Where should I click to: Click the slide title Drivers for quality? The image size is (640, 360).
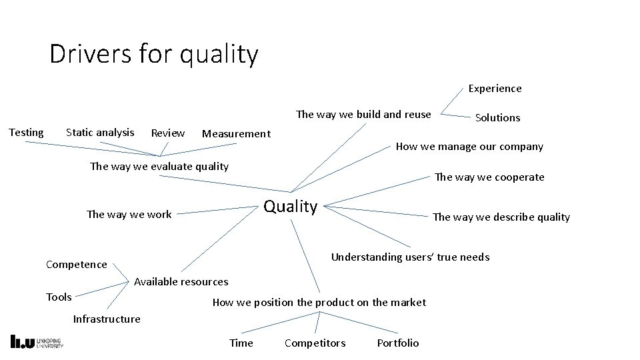153,54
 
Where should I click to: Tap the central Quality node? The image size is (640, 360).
291,206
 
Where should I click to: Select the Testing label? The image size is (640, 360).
26,132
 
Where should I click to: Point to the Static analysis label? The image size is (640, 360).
100,132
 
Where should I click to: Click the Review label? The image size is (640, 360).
168,133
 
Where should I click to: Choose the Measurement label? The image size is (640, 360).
236,133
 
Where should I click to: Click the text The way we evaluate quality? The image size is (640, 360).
159,166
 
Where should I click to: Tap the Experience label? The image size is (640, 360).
495,88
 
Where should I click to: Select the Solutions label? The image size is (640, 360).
497,117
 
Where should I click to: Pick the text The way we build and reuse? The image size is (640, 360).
363,114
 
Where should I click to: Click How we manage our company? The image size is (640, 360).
469,146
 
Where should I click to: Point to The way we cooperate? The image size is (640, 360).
489,177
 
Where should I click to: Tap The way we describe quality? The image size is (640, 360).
501,217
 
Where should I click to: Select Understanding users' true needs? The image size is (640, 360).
410,257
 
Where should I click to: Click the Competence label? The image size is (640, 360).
76,264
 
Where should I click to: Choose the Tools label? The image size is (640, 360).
59,297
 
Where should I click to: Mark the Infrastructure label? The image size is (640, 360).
107,319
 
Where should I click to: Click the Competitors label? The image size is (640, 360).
315,343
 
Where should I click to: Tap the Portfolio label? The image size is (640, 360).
398,343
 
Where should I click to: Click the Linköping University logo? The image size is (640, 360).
37,341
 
